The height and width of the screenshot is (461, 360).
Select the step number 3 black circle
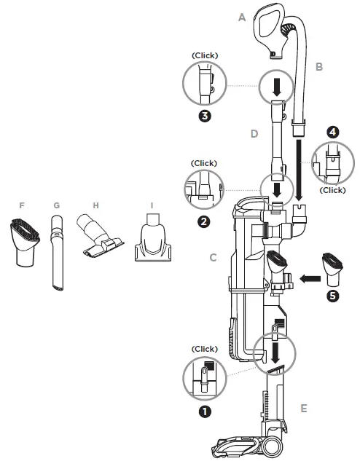click(205, 115)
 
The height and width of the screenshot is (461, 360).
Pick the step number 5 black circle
click(332, 296)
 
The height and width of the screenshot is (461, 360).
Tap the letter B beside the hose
click(318, 66)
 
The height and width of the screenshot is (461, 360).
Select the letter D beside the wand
click(254, 134)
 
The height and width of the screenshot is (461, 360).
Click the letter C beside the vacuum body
click(212, 256)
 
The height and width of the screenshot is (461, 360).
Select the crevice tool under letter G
click(56, 255)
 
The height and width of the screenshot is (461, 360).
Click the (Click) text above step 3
click(205, 55)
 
